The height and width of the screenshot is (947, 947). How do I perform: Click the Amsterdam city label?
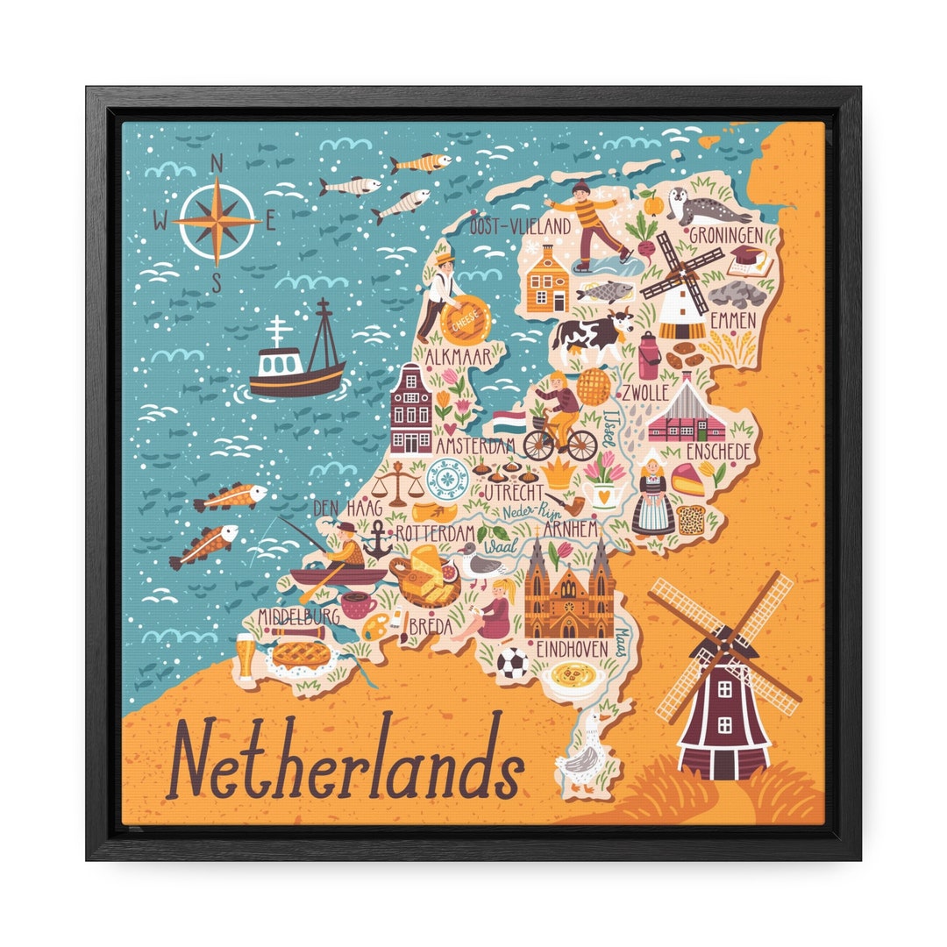click(x=475, y=445)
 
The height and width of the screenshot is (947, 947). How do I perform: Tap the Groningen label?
click(x=732, y=235)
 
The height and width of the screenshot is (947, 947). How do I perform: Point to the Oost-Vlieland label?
click(x=514, y=227)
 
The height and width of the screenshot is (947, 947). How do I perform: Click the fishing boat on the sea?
click(x=296, y=355)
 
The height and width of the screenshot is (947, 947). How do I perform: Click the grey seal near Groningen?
click(x=708, y=206)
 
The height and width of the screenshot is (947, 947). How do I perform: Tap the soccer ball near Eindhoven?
click(x=512, y=664)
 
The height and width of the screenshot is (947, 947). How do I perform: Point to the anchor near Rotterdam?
click(x=377, y=539)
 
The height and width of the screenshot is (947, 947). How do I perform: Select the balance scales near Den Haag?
click(x=398, y=485)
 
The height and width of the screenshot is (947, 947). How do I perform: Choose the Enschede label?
click(x=718, y=452)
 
